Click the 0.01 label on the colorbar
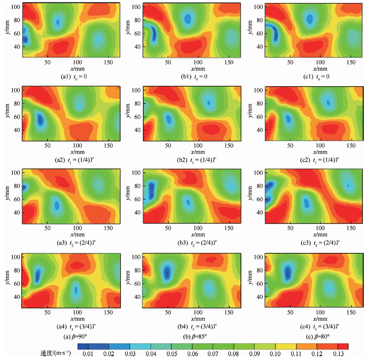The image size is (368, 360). coord(88,354)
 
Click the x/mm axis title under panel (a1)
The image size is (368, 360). coord(77,68)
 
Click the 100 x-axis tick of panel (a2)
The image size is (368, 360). coord(77,145)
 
